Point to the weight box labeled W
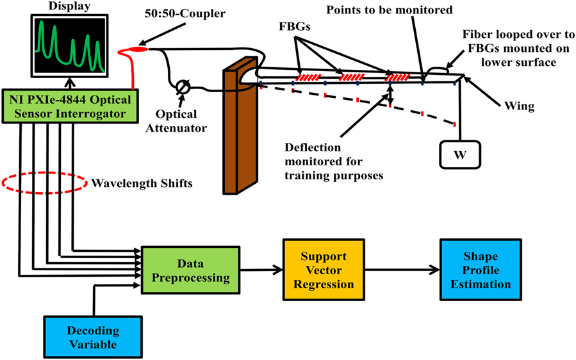459,154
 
